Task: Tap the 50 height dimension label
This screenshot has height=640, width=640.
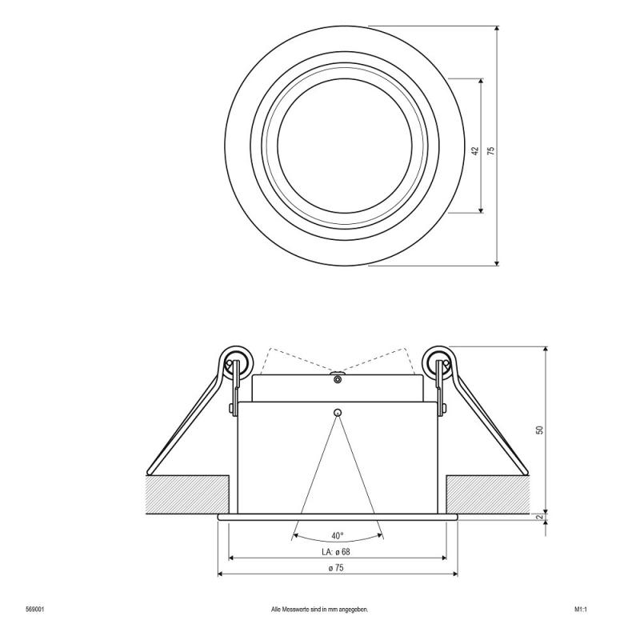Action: (x=540, y=430)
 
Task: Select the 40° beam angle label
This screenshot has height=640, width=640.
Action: (x=337, y=536)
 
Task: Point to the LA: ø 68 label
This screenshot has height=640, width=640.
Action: (x=337, y=552)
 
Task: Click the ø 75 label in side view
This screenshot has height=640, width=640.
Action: (x=337, y=569)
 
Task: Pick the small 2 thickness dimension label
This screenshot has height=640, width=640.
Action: (x=540, y=517)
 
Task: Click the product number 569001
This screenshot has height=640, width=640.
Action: (x=34, y=609)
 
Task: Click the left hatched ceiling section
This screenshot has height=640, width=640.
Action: (x=188, y=495)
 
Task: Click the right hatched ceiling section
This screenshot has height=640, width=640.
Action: (x=488, y=495)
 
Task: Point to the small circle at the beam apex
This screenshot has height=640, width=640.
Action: (x=338, y=413)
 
